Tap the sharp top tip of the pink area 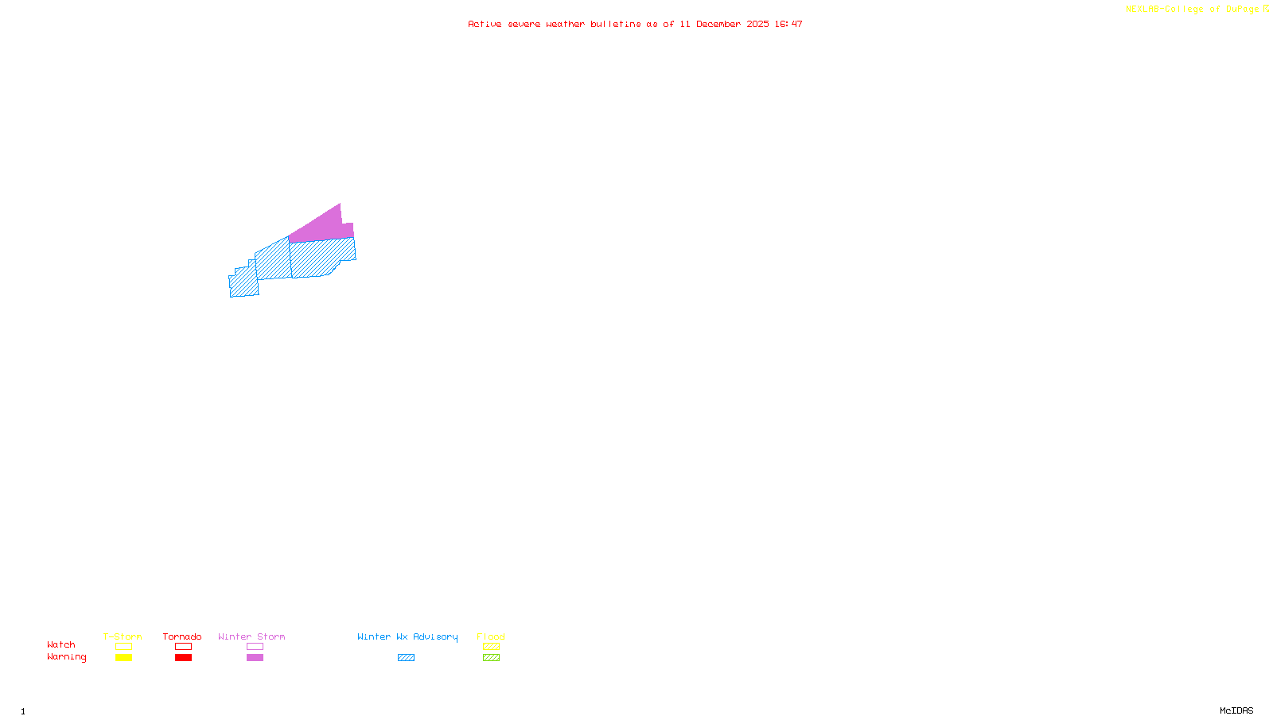tap(340, 204)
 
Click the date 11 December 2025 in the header tap(724, 24)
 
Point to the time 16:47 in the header tap(788, 24)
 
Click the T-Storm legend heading tap(123, 636)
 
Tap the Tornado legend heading tap(182, 636)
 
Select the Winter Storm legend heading tap(251, 636)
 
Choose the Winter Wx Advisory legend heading tap(407, 636)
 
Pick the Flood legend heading tap(491, 636)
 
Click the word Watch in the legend tap(61, 644)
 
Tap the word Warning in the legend tap(67, 657)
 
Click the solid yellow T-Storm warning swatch tap(123, 658)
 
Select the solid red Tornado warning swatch tap(183, 658)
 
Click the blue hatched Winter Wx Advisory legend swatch tap(406, 658)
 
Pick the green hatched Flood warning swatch tap(491, 658)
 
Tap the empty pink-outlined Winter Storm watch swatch tap(255, 647)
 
